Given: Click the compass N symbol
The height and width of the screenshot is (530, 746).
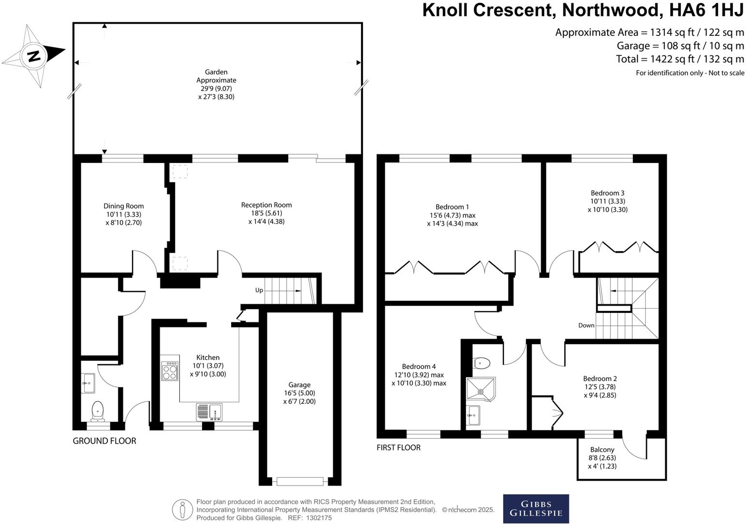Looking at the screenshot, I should [x=33, y=56].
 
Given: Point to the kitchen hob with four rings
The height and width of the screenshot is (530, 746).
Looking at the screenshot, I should [x=170, y=371].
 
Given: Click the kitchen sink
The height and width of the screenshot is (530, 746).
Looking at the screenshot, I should [x=209, y=412].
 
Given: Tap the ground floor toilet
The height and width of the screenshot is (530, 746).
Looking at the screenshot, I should [x=98, y=411].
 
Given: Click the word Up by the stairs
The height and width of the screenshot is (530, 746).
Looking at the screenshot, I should [x=259, y=290].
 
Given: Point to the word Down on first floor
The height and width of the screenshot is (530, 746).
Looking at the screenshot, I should [x=586, y=325].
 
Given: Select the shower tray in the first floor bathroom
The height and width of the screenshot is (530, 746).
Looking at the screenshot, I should [x=481, y=390].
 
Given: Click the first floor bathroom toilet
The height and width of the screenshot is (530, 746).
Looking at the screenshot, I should [x=483, y=363].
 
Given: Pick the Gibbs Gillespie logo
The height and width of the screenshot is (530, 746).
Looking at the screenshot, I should [x=536, y=509].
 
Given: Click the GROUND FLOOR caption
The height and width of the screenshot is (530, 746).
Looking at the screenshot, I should [x=104, y=441].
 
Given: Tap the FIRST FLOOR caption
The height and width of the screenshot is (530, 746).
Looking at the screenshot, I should [x=398, y=448].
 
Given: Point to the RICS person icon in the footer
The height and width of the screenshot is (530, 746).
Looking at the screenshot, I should [x=183, y=510].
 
